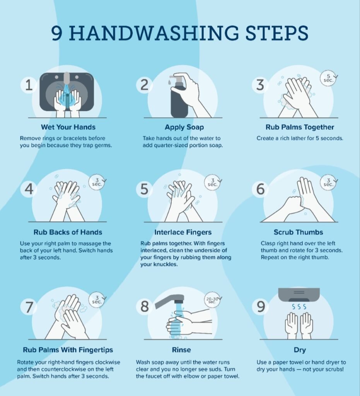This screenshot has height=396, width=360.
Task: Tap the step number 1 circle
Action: click(x=29, y=85)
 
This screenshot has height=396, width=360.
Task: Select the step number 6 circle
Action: click(x=261, y=189)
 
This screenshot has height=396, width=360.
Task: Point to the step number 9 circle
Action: click(x=261, y=306)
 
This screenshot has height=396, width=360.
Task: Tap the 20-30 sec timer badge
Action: click(x=212, y=300)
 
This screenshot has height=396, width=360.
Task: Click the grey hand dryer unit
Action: click(x=299, y=294)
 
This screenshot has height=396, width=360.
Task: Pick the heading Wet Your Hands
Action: click(x=68, y=127)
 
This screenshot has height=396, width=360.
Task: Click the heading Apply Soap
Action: click(x=184, y=127)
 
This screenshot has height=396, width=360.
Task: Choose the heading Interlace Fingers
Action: click(x=183, y=232)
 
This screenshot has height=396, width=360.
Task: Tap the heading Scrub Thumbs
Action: click(x=299, y=232)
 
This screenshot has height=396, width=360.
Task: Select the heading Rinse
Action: click(x=181, y=350)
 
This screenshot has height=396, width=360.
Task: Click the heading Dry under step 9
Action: click(x=300, y=350)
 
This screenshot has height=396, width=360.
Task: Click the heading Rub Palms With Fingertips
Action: click(x=68, y=350)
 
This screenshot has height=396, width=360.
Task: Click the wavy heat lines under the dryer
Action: click(x=299, y=307)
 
